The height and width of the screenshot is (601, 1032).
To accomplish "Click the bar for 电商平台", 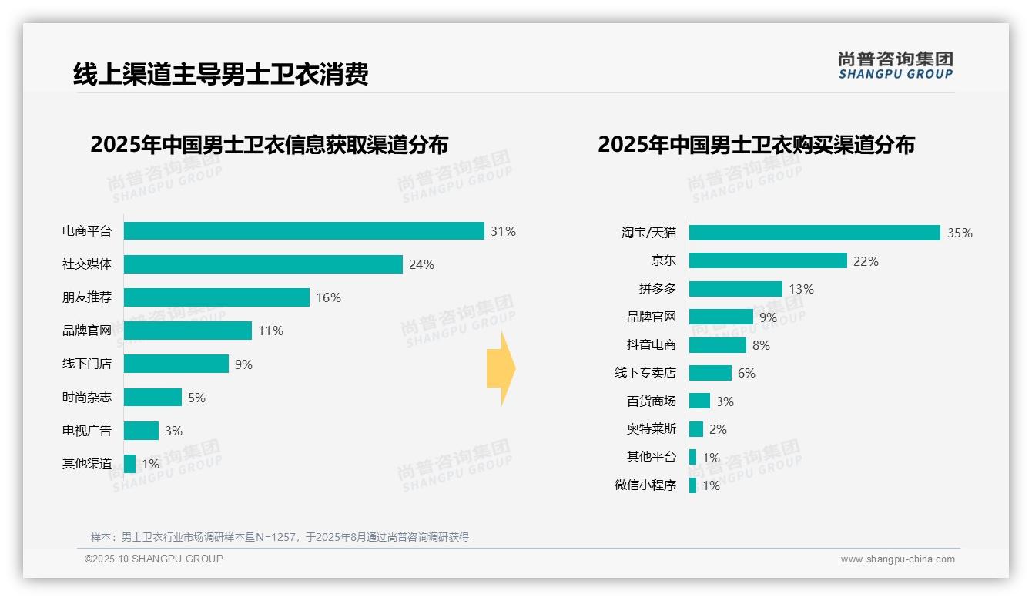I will click(x=303, y=231).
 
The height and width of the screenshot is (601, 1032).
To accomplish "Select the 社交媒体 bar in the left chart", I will click(x=263, y=264).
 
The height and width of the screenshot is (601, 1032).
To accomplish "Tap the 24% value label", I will click(x=421, y=264).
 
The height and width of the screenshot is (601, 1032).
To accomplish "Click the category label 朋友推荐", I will click(x=86, y=297).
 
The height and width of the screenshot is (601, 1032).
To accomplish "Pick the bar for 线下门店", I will click(x=176, y=364).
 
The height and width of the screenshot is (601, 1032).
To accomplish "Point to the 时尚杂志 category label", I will click(x=86, y=398).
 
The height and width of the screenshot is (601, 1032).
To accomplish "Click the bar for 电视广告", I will click(x=141, y=431).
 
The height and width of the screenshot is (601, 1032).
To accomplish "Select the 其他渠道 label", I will click(x=86, y=464).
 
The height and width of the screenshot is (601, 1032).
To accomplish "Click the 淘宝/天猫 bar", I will click(x=814, y=233).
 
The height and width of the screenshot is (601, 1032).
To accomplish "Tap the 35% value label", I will click(x=960, y=233).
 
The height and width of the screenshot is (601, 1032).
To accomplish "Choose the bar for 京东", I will click(x=768, y=261).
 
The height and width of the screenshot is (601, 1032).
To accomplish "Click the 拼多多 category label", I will click(x=657, y=289).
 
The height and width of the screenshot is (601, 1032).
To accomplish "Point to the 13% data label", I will click(x=801, y=289).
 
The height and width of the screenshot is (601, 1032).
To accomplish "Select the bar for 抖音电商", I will click(x=717, y=345).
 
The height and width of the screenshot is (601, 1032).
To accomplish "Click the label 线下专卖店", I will click(x=645, y=373).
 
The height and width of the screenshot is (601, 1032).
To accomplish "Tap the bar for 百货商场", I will click(x=699, y=401).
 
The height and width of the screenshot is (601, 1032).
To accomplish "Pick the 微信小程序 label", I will click(x=645, y=485).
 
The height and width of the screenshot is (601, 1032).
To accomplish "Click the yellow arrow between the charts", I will click(x=501, y=369).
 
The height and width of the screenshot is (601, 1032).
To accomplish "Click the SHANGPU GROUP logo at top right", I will click(x=895, y=65).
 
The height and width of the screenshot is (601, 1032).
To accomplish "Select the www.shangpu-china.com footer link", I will click(x=897, y=559).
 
